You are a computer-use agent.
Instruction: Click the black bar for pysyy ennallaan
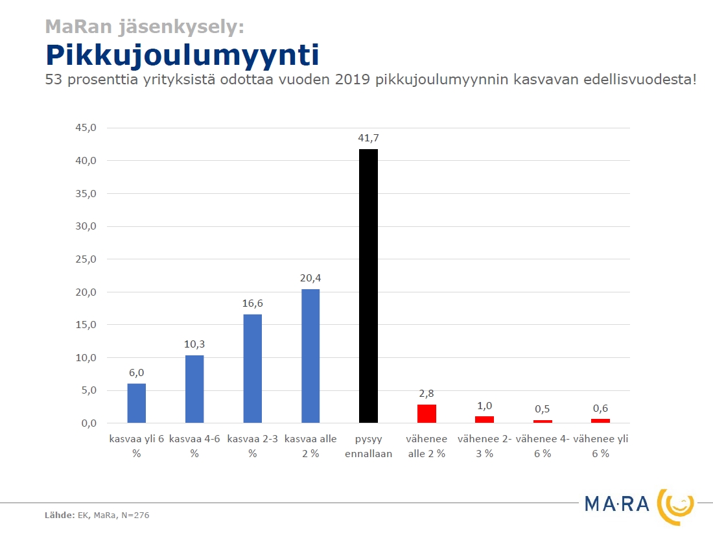click(x=368, y=286)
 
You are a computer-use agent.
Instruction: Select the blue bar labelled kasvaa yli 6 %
click(x=136, y=403)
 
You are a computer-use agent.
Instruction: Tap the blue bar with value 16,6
click(x=252, y=368)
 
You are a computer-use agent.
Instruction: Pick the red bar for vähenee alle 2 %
click(x=427, y=414)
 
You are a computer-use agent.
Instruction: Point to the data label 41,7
click(x=368, y=138)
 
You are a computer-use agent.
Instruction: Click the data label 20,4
click(x=310, y=278)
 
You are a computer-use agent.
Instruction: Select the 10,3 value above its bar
click(x=194, y=344)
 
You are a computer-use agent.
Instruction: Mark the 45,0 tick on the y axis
click(x=86, y=128)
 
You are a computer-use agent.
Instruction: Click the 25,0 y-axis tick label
click(x=86, y=259)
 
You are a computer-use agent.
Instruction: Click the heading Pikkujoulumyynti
click(x=182, y=56)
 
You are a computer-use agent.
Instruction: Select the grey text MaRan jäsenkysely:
click(x=145, y=27)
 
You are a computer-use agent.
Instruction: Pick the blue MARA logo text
click(x=616, y=504)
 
